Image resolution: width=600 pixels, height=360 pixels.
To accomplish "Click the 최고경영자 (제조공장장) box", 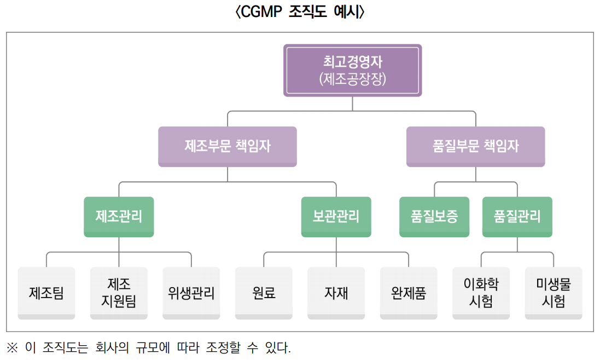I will click(352, 71).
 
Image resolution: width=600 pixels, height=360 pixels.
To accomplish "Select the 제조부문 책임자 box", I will click(228, 146).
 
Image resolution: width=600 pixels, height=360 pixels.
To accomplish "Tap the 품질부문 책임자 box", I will click(475, 146).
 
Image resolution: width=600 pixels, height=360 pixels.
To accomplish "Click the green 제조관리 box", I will click(119, 216).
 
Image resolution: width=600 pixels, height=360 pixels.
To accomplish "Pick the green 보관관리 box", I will click(336, 216).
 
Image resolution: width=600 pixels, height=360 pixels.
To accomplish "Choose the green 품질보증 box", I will click(434, 216).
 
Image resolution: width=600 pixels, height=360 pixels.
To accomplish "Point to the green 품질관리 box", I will click(517, 216).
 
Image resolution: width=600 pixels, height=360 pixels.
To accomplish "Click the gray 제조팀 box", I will click(46, 293).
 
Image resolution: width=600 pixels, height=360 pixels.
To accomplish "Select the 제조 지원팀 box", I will click(119, 293).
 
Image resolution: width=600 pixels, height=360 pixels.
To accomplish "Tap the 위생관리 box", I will click(191, 293).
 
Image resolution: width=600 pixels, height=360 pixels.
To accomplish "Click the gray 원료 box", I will click(264, 293).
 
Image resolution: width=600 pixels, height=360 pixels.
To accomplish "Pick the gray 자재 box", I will click(336, 293).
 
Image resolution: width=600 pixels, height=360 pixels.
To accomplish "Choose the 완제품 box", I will click(409, 293).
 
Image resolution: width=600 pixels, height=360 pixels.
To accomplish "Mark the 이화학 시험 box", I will click(481, 293).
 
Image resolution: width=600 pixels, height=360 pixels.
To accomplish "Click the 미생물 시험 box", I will click(553, 293).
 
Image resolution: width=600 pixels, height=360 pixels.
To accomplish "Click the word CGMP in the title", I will click(259, 12).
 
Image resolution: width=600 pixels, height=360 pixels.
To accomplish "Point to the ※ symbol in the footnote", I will click(12, 347).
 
